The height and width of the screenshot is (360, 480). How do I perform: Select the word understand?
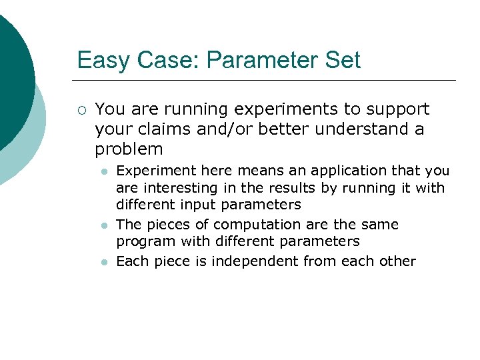click(354, 129)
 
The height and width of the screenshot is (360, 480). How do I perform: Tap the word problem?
click(129, 149)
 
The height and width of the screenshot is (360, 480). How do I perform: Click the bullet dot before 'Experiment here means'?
click(103, 172)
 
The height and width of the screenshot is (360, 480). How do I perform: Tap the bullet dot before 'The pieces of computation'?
click(103, 226)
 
